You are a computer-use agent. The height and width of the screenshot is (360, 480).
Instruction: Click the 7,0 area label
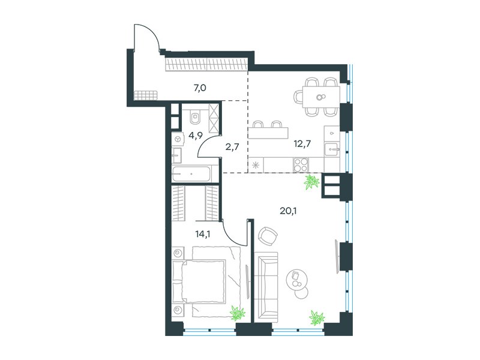coord(200,88)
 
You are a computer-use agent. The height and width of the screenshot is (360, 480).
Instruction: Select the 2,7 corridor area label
coord(232,147)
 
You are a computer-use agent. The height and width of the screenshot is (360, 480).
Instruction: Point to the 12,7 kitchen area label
coord(302,143)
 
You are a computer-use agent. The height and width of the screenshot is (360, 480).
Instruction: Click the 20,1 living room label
coord(289,211)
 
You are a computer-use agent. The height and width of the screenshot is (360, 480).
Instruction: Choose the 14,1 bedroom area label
coord(203,234)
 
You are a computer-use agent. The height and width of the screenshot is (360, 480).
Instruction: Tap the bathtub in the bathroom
coord(191,174)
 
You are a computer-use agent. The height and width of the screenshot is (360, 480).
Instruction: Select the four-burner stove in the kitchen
coord(301,164)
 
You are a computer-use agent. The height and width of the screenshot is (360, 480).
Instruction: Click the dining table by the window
coord(321,97)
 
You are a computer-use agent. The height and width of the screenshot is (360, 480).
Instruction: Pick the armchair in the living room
coord(268,236)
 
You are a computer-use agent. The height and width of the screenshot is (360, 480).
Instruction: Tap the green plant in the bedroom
coord(238,313)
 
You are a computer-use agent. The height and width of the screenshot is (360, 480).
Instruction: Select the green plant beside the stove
coord(311,182)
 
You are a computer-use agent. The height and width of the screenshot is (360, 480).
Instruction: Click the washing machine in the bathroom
coord(177,139)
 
